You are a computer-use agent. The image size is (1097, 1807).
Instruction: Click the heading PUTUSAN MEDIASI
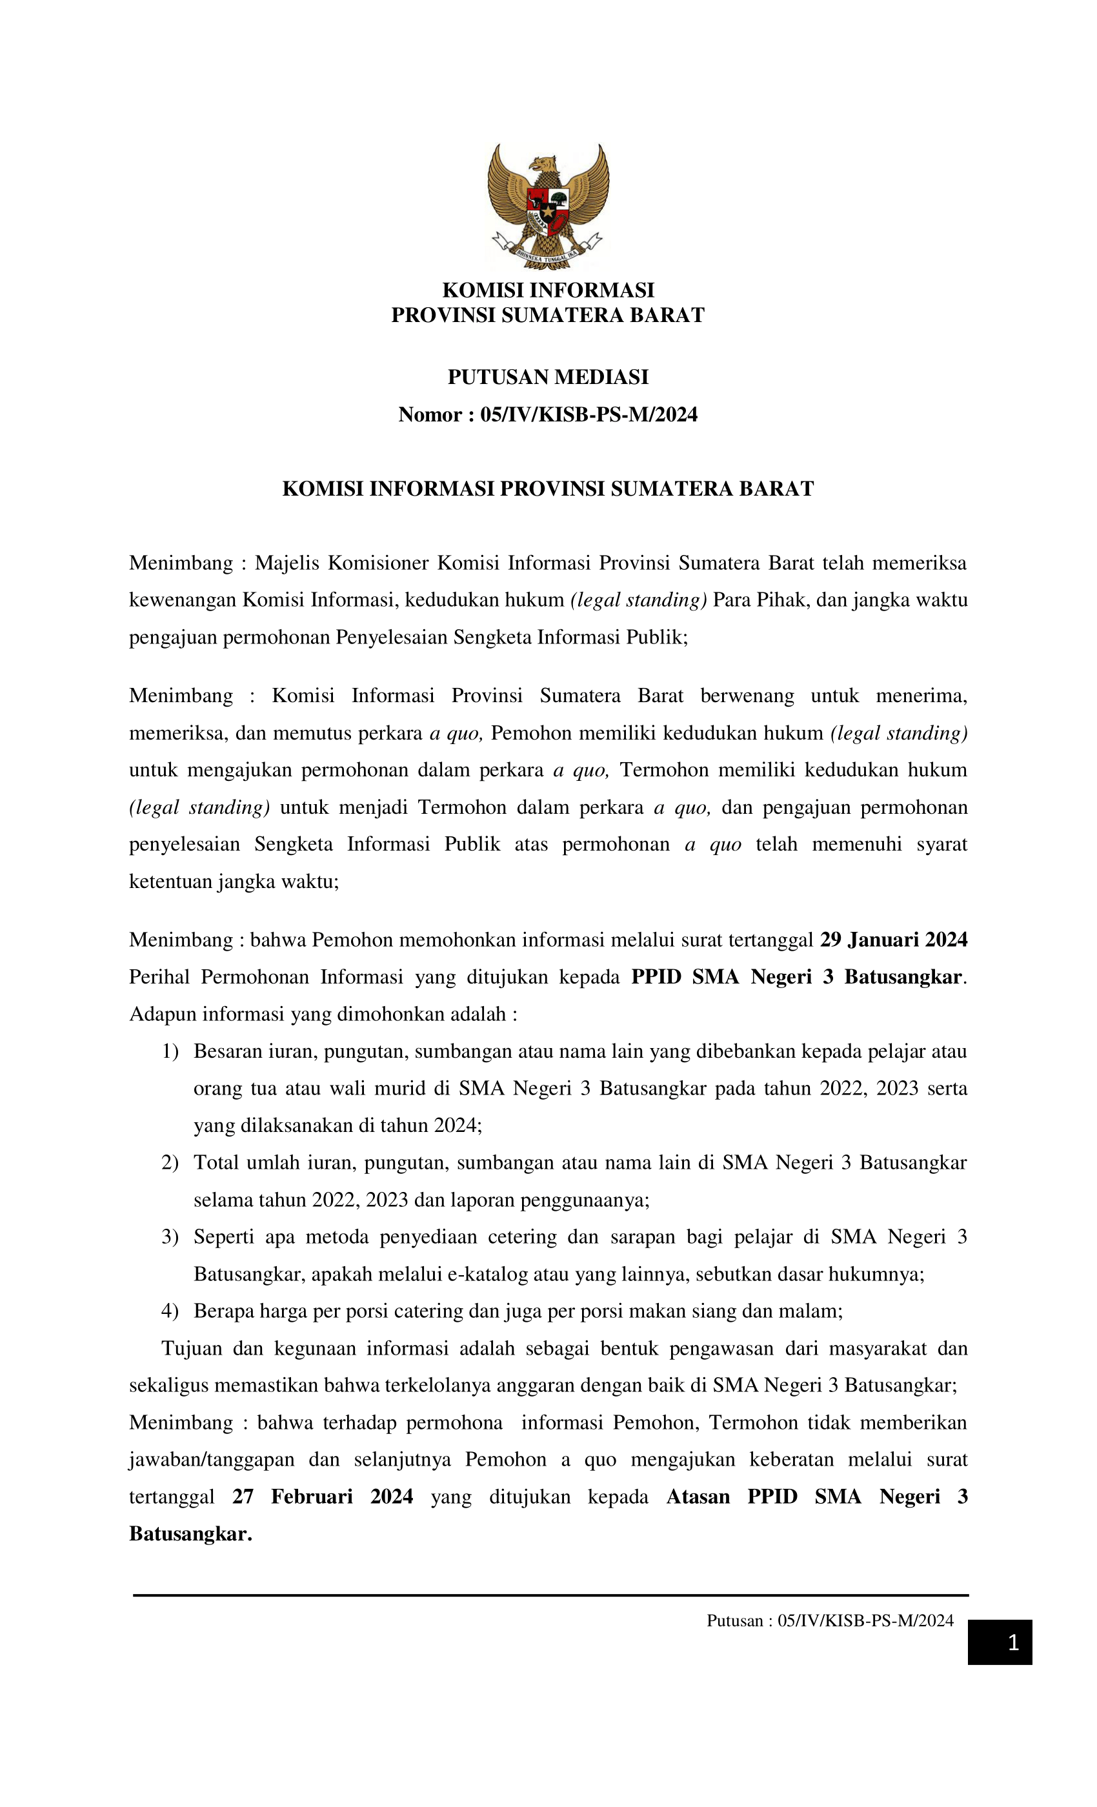tap(548, 377)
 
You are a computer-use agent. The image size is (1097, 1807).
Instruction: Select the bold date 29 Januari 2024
tap(893, 940)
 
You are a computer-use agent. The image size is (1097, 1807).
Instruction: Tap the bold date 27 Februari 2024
tap(323, 1496)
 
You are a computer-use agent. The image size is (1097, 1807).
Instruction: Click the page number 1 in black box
tap(1012, 1642)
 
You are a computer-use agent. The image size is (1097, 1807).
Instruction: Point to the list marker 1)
tap(170, 1051)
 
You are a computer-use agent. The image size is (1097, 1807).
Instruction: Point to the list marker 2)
tap(170, 1162)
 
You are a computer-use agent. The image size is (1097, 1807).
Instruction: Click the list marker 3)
tap(170, 1237)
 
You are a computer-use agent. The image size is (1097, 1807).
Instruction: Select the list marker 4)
tap(170, 1311)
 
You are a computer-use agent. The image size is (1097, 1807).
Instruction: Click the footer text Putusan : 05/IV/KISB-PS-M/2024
tap(830, 1620)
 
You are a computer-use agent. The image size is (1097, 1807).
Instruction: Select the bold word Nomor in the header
tap(430, 415)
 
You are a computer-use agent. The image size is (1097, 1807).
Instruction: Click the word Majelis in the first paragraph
tap(287, 563)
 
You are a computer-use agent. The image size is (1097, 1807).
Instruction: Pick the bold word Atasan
tap(698, 1496)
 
